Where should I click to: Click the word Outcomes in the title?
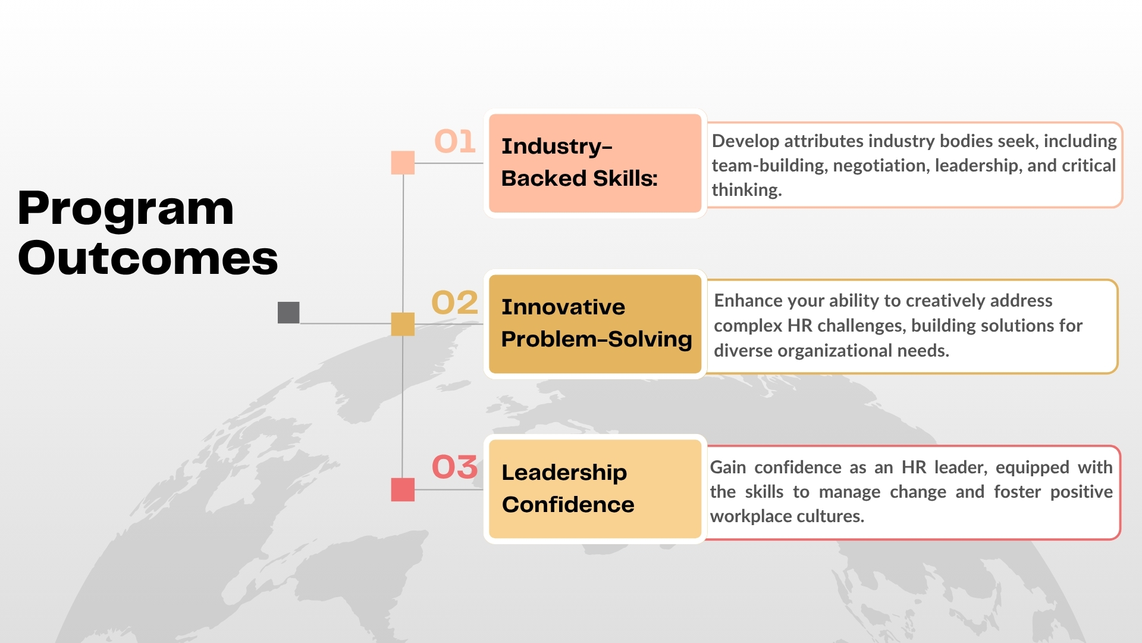[x=148, y=258]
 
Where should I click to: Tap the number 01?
[x=455, y=142]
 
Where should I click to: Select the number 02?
[x=455, y=302]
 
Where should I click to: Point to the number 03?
[x=455, y=467]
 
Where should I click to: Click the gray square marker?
[x=288, y=313]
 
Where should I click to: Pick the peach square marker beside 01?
[x=403, y=163]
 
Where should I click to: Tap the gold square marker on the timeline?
[x=403, y=324]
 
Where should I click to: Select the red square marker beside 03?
[x=403, y=489]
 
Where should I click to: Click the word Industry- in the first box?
[x=557, y=147]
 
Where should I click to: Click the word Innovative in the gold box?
[x=563, y=307]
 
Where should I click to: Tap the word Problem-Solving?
[x=597, y=339]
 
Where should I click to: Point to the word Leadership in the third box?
[x=564, y=473]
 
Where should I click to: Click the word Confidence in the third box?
[x=568, y=505]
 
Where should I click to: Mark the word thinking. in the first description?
[x=747, y=190]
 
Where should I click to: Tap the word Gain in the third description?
[x=728, y=467]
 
